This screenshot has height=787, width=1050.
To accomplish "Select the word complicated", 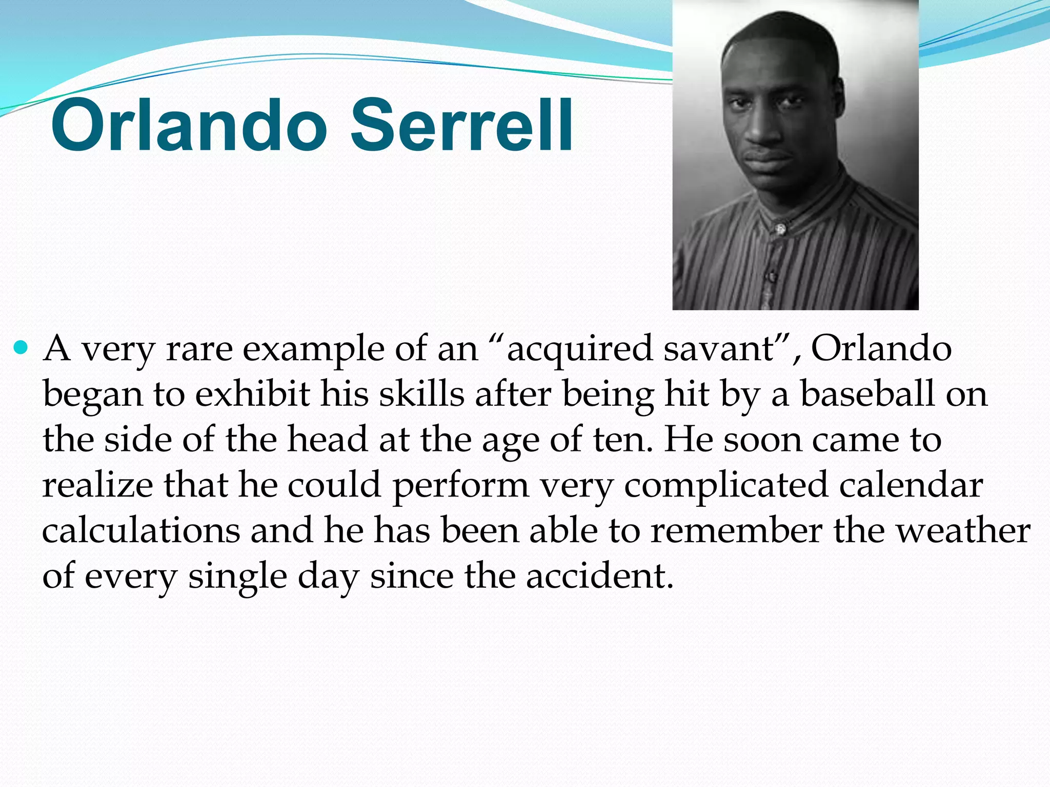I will (725, 485).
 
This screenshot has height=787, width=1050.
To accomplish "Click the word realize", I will (97, 485).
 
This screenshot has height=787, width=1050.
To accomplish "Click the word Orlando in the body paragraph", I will (881, 349).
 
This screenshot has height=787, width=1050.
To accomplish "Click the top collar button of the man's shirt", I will (780, 229).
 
